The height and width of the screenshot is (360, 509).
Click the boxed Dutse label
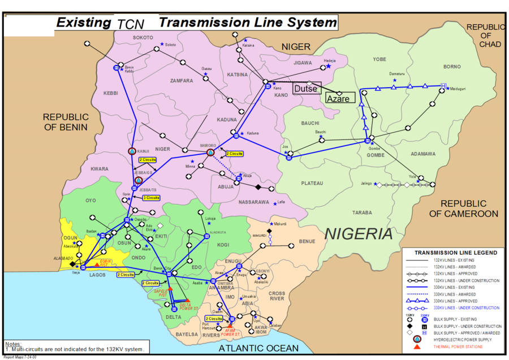[307, 88]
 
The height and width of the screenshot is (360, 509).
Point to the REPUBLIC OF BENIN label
[66, 122]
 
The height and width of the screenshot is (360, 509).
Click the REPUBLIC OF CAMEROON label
[464, 208]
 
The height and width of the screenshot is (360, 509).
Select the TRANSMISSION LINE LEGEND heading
[456, 253]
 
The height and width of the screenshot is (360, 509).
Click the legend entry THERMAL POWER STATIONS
[458, 346]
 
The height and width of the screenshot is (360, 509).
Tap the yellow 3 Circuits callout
[151, 198]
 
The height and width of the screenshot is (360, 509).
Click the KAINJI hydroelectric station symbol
[132, 151]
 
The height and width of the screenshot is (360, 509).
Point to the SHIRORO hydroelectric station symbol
[210, 153]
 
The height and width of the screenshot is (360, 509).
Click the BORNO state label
[452, 67]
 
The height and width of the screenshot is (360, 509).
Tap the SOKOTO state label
[143, 37]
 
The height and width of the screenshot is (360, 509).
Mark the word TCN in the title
[131, 24]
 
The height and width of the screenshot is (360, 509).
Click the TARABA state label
[362, 212]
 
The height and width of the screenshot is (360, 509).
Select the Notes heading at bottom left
[13, 344]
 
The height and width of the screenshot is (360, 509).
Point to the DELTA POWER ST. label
[188, 307]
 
